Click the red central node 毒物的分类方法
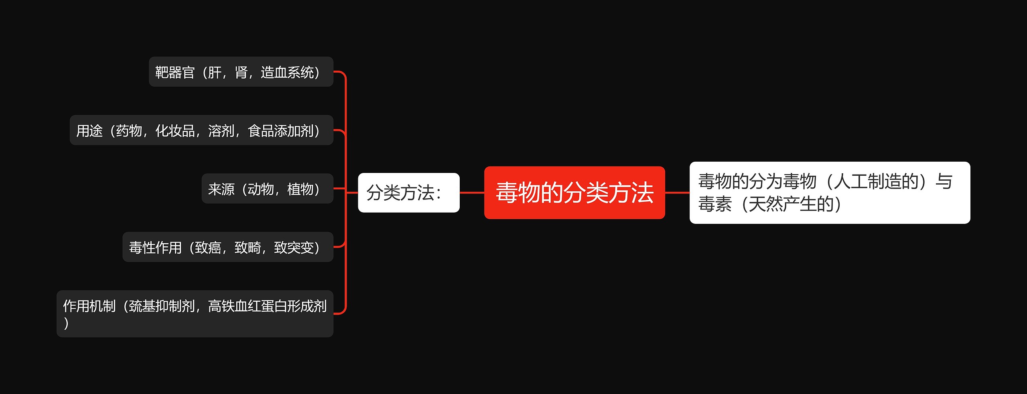[x=574, y=193]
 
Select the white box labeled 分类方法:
[x=408, y=193]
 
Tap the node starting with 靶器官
[x=241, y=72]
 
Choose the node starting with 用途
[x=201, y=130]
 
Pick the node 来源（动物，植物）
[x=267, y=189]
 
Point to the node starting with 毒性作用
[x=227, y=247]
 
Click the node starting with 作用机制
[x=195, y=313]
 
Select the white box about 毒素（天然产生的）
[x=830, y=193]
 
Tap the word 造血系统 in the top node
[x=287, y=72]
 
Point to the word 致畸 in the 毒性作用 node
[x=248, y=248]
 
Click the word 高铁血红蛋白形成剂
[x=267, y=306]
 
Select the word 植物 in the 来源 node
[x=300, y=189]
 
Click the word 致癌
[x=208, y=248]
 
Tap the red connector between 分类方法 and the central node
[x=472, y=193]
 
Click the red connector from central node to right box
[x=677, y=193]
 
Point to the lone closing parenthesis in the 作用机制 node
[x=66, y=323]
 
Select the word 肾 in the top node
[x=241, y=72]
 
